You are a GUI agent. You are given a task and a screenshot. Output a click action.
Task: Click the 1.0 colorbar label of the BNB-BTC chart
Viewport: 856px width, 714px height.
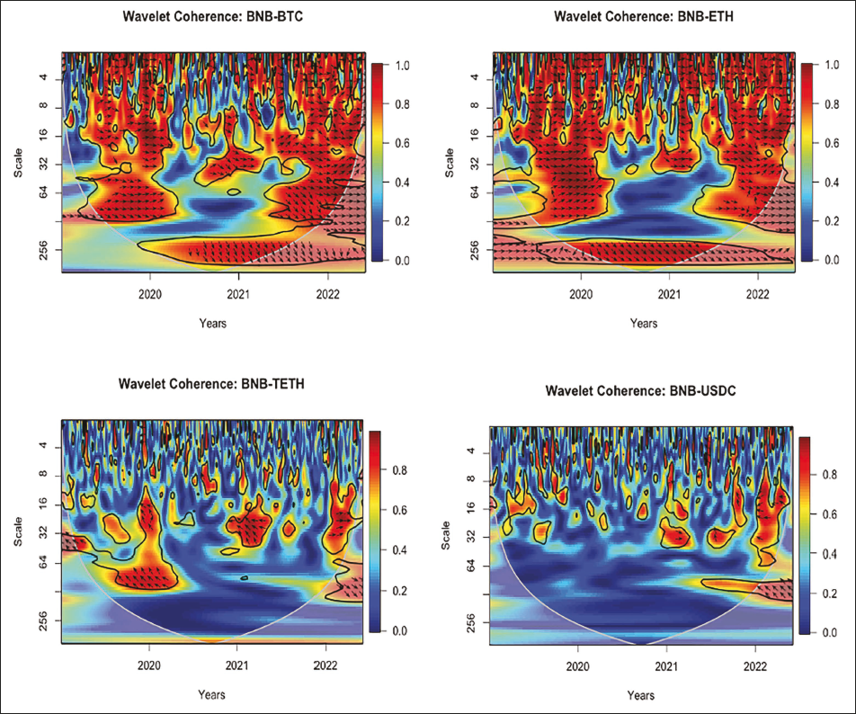pos(403,66)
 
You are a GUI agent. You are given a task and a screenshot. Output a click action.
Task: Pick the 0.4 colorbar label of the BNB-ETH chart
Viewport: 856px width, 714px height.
pos(832,183)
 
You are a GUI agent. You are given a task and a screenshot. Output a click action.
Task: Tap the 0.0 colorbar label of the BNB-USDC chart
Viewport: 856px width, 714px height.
pos(832,632)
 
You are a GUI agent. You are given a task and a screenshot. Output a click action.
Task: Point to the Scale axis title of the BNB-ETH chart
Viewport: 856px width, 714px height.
pos(447,162)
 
